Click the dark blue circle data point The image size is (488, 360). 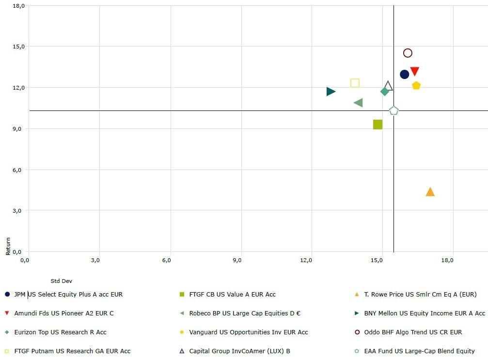coord(404,74)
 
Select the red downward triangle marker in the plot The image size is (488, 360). coord(414,71)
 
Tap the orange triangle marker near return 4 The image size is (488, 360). coord(430,192)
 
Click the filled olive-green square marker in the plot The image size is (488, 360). coord(378,125)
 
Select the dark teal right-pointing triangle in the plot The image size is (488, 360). coord(331,92)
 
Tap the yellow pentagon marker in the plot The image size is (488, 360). coord(416,85)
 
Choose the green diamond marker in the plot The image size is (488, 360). coord(385,92)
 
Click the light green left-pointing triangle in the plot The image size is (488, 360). coord(358,103)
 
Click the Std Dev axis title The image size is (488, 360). coord(62,281)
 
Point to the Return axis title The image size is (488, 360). coord(8,247)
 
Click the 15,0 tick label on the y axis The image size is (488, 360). coord(18,47)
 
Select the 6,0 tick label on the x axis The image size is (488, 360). coord(166,260)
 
